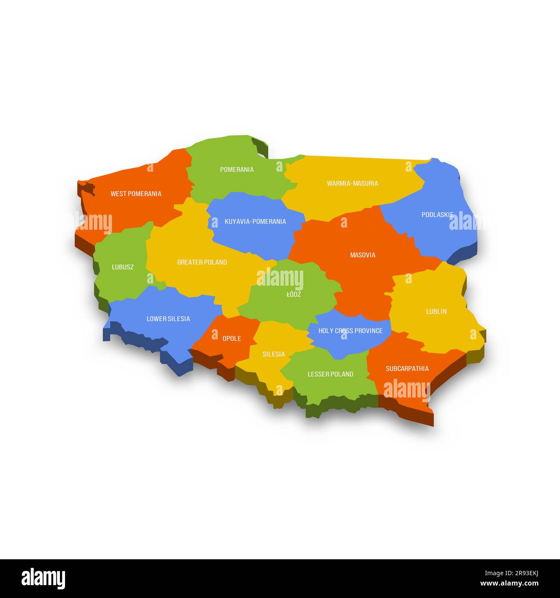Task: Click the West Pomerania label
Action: click(136, 194)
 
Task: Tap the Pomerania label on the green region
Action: click(236, 170)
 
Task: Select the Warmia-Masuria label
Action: click(352, 183)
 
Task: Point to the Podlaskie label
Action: click(437, 214)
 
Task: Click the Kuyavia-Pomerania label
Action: click(255, 222)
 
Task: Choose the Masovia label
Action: click(362, 255)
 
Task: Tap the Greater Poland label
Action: click(202, 262)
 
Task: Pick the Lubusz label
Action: click(123, 267)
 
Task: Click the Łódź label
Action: click(294, 295)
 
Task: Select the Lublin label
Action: click(436, 311)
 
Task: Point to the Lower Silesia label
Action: click(168, 319)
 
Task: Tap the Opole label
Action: click(232, 339)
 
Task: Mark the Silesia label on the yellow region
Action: click(274, 354)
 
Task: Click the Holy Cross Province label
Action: click(350, 331)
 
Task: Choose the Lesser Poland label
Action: click(330, 374)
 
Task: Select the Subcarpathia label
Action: click(407, 369)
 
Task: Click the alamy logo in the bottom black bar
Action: click(44, 578)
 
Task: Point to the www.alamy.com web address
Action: click(509, 584)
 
